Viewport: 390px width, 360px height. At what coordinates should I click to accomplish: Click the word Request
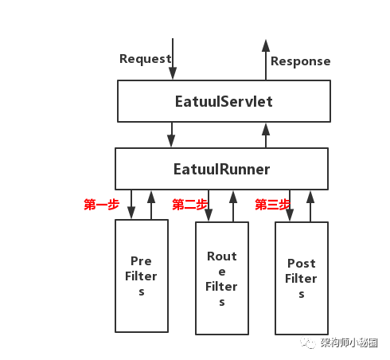point(146,59)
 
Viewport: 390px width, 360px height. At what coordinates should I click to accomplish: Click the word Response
point(301,61)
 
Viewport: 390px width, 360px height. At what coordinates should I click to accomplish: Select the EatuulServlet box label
point(224,101)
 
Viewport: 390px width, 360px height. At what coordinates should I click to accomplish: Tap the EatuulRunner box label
point(221,169)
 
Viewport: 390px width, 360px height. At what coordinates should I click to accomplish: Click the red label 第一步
point(101,205)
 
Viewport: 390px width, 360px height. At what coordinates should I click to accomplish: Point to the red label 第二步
point(189,205)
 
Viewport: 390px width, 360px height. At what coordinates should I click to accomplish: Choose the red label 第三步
point(272,205)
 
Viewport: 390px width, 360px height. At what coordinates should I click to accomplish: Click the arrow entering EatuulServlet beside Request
point(173,59)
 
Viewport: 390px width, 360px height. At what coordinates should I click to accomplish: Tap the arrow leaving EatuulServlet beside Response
point(266,60)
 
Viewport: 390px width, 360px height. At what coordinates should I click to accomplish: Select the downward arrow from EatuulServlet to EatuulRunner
point(171,135)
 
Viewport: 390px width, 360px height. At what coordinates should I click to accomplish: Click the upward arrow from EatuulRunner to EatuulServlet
point(266,135)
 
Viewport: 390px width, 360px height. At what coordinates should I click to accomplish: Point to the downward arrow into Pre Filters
point(131,205)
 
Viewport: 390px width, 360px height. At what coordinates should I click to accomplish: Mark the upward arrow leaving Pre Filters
point(151,205)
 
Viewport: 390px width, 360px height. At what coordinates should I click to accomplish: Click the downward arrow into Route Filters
point(209,205)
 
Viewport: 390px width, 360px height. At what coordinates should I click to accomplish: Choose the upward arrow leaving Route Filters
point(233,206)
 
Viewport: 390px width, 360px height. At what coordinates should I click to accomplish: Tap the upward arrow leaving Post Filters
point(310,206)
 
